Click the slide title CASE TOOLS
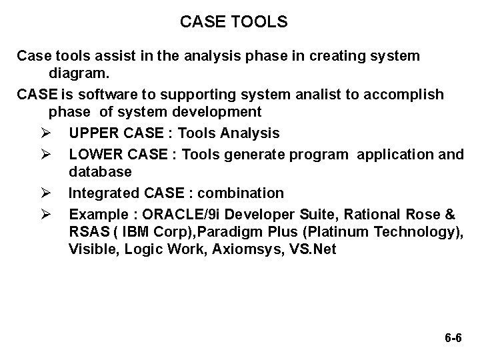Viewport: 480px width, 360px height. (234, 23)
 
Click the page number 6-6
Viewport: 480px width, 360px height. (452, 339)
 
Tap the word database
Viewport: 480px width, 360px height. (100, 172)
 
